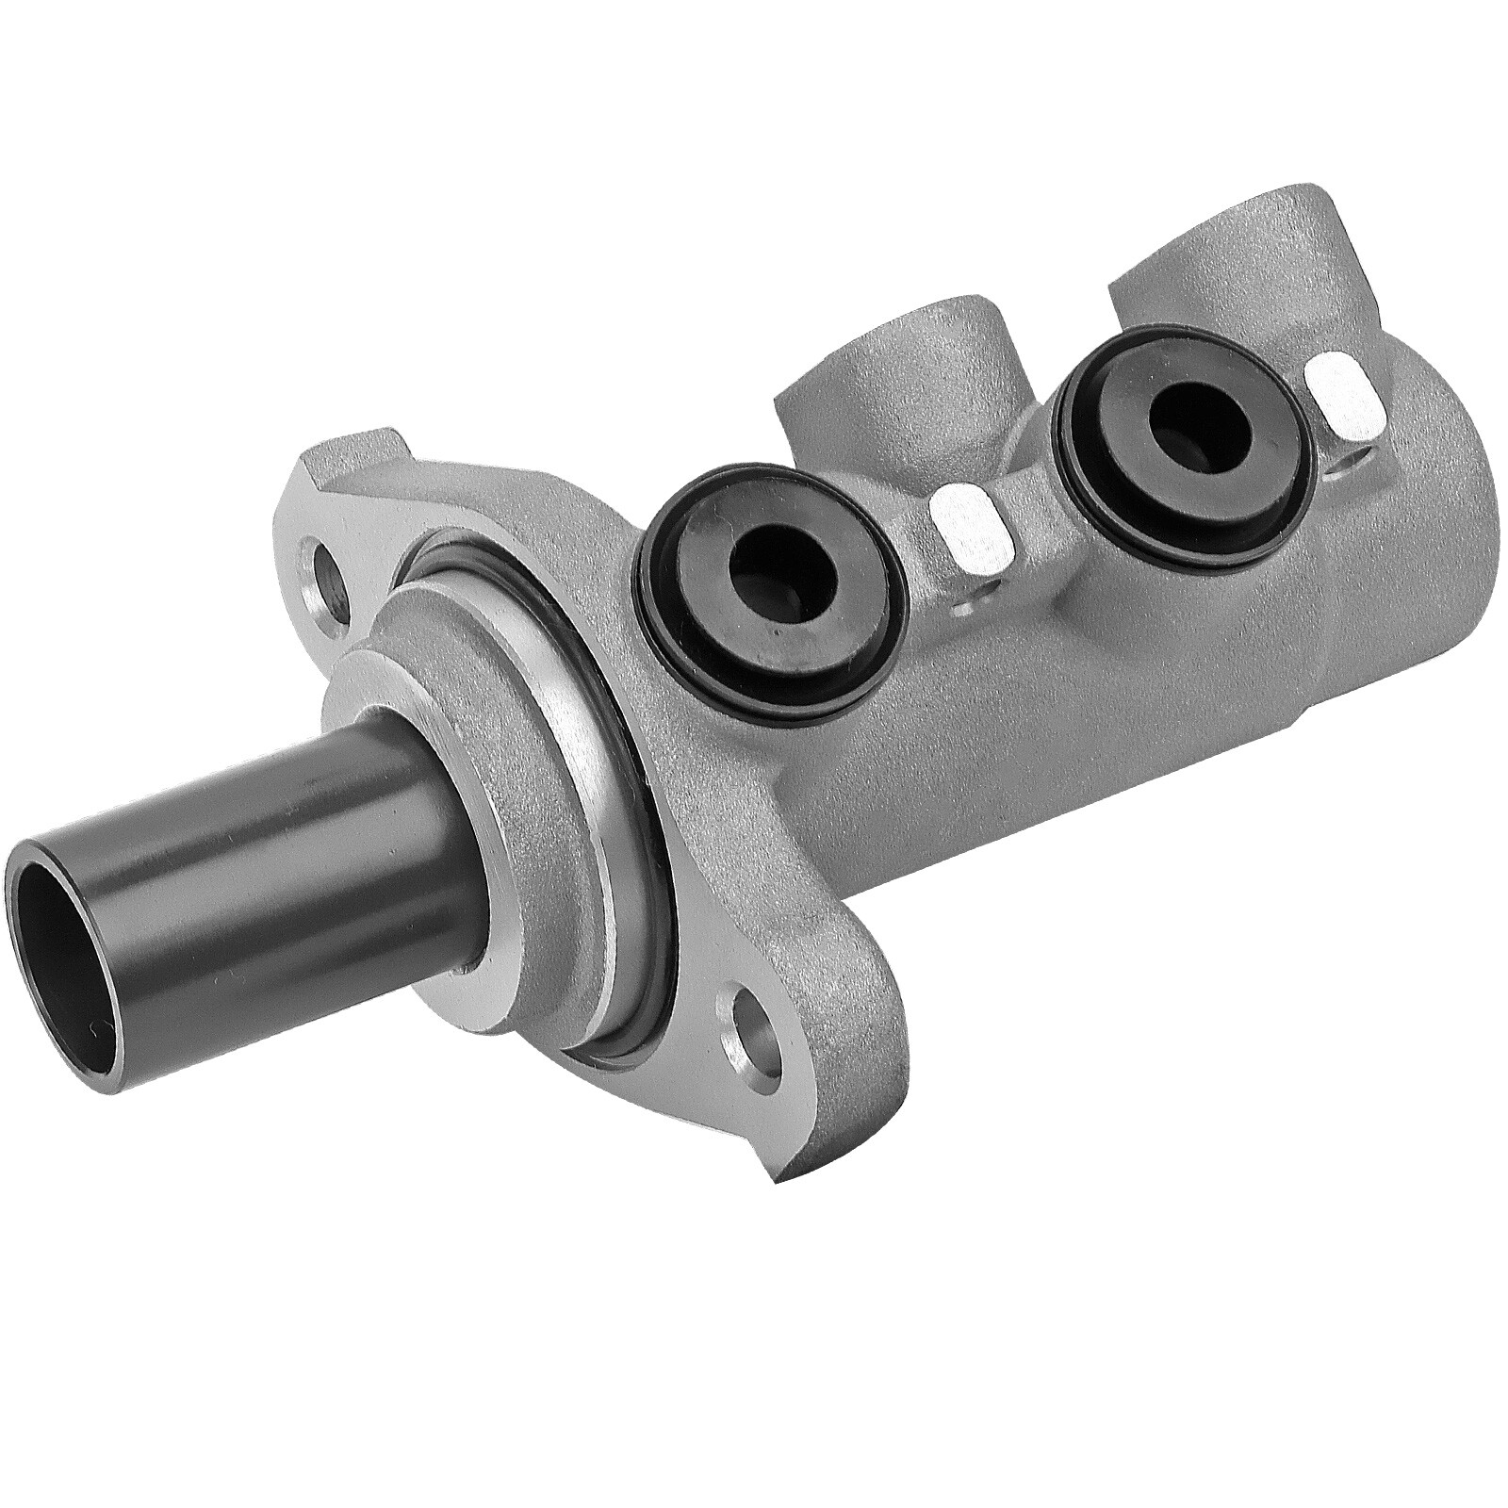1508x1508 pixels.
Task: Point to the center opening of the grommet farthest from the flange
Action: point(1190,415)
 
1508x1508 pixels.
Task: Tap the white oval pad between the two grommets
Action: point(969,529)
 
